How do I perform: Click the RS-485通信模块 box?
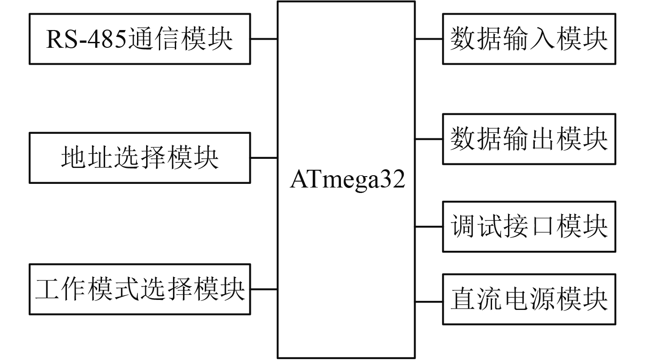point(140,39)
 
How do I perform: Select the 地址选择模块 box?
point(140,158)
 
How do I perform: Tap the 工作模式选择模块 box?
point(140,289)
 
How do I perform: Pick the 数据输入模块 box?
point(529,39)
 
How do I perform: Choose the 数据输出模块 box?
point(529,139)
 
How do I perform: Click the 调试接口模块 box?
point(529,226)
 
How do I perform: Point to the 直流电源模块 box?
point(529,299)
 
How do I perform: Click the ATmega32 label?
point(347,181)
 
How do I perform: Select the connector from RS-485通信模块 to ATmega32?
point(264,39)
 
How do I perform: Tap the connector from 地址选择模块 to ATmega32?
point(264,158)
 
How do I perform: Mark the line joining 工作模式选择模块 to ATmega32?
point(264,289)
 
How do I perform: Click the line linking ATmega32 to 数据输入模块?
point(429,39)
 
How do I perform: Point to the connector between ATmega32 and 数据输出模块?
point(429,139)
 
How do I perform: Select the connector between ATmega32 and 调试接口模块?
point(429,226)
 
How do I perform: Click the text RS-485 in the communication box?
point(86,40)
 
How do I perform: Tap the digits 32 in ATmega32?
point(394,181)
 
